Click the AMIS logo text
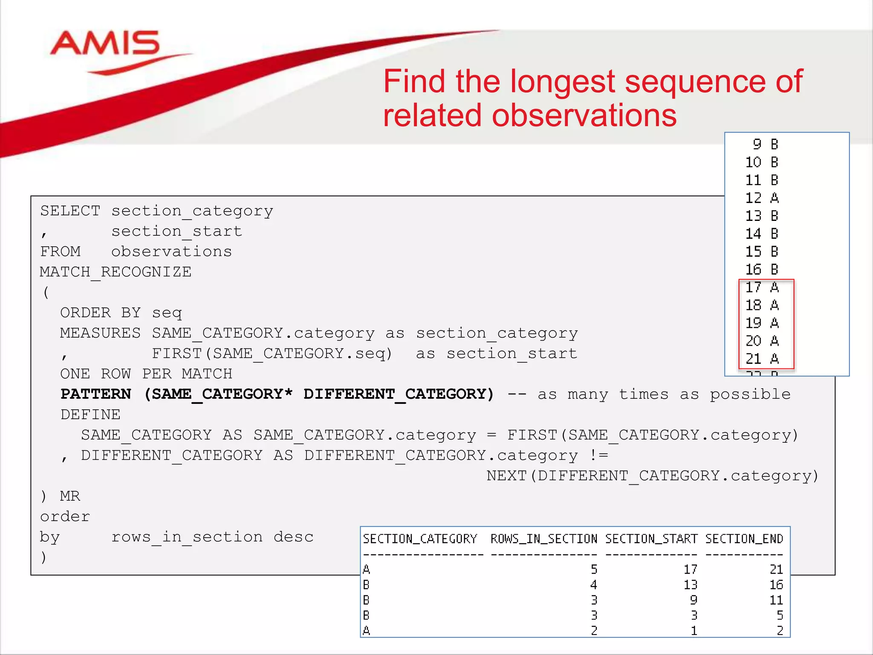tap(104, 43)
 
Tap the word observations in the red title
tap(584, 116)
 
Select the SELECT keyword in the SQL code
tap(70, 211)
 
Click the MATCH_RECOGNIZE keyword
tap(116, 272)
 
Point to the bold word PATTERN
tap(95, 394)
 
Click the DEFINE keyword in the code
tap(90, 414)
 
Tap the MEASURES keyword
tap(100, 333)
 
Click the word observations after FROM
tap(171, 252)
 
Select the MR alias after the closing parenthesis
tap(70, 496)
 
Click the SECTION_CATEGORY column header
tap(420, 539)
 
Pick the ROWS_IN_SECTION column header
tap(543, 539)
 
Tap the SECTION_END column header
tap(744, 539)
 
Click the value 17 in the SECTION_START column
tap(690, 569)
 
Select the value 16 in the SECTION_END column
tap(776, 585)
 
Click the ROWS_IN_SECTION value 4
tap(594, 585)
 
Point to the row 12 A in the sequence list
tap(762, 198)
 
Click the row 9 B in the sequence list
tap(765, 144)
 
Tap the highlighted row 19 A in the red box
tap(762, 323)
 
